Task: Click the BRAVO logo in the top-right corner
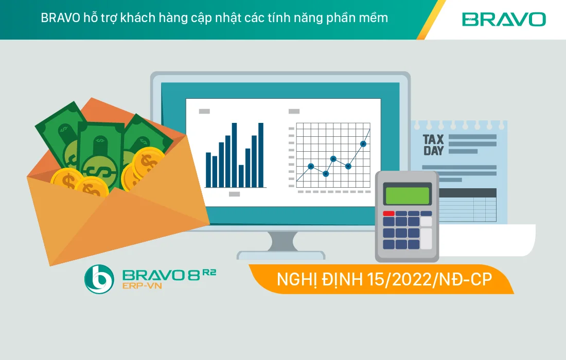pyautogui.click(x=504, y=20)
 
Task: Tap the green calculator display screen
pyautogui.click(x=408, y=196)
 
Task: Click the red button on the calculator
pyautogui.click(x=388, y=213)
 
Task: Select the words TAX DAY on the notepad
pyautogui.click(x=433, y=145)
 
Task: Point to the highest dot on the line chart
pyautogui.click(x=363, y=144)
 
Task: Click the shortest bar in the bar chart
pyautogui.click(x=241, y=176)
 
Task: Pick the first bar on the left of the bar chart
pyautogui.click(x=208, y=170)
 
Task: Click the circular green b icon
pyautogui.click(x=99, y=279)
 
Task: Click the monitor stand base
pyautogui.click(x=280, y=255)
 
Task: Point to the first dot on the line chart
pyautogui.click(x=311, y=166)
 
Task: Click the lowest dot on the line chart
pyautogui.click(x=326, y=174)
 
